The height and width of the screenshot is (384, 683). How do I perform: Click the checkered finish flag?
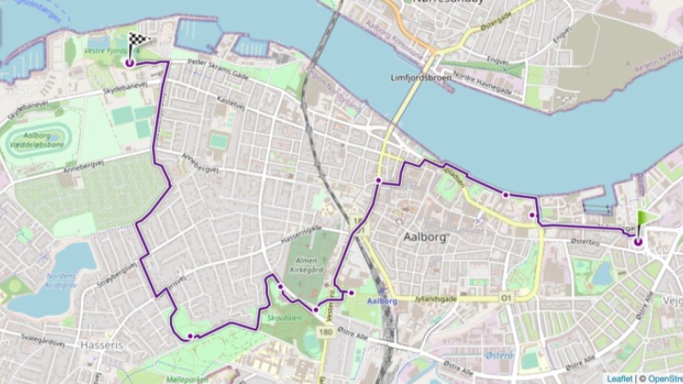point(139,39)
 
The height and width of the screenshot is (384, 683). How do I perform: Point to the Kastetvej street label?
point(231,100)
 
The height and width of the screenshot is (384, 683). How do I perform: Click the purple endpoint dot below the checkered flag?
point(129,62)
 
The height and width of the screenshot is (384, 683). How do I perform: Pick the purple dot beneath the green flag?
point(638,242)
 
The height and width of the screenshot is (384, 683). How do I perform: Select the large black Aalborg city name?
point(423,237)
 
